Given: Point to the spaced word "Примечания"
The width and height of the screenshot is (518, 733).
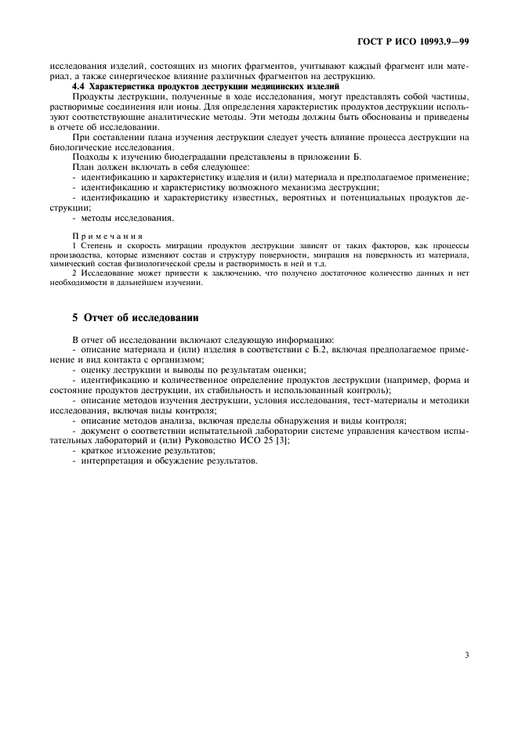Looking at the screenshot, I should (x=107, y=237).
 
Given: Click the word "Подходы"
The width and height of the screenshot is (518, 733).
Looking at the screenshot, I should (x=89, y=157).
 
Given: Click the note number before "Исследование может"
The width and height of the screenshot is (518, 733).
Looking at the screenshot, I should (x=74, y=273).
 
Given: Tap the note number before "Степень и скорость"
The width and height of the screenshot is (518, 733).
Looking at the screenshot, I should (x=74, y=246).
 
